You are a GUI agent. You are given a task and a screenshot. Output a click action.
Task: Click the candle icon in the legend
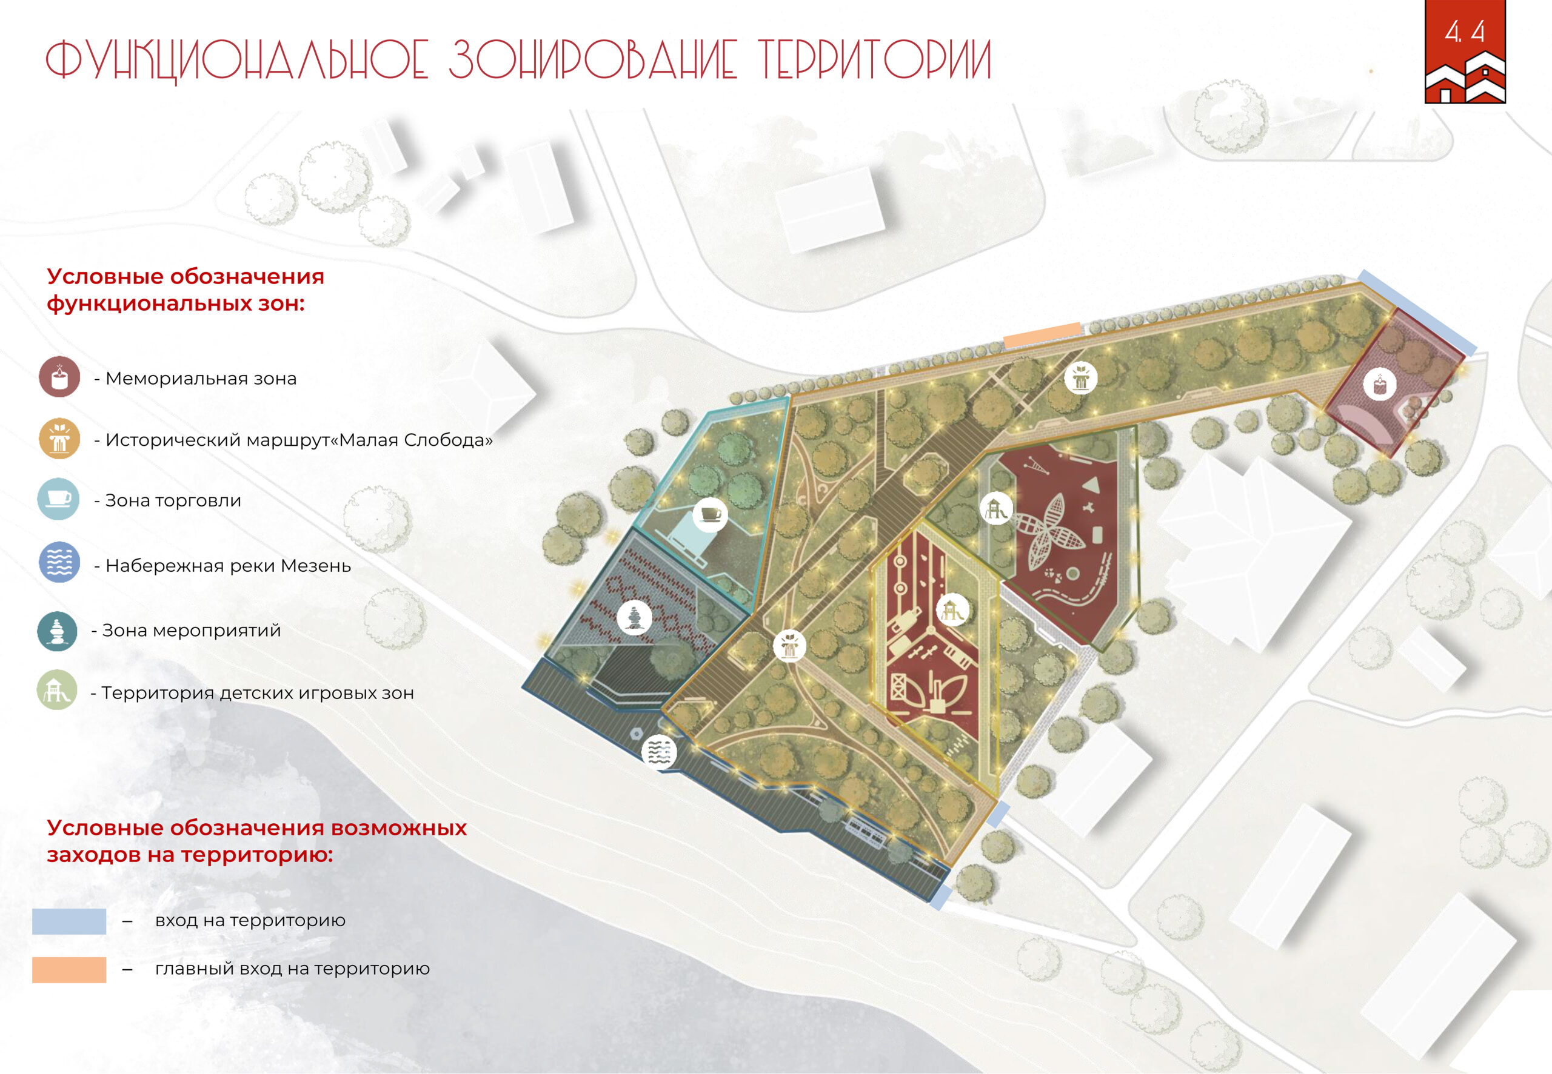59,377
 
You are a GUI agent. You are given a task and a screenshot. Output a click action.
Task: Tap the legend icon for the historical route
59,438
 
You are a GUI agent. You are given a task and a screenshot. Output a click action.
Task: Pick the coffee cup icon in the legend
58,499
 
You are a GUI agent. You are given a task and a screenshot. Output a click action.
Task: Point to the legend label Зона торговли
173,501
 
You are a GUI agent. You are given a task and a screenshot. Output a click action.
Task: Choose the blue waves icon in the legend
59,562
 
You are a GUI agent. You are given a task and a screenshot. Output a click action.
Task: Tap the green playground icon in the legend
56,690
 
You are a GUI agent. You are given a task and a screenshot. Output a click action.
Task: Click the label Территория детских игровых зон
257,693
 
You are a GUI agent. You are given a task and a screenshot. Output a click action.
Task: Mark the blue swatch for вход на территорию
69,921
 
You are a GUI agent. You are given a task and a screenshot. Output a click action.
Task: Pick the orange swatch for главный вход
69,970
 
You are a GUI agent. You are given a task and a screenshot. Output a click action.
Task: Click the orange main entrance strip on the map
1042,335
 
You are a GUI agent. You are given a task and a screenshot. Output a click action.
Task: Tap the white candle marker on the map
1380,384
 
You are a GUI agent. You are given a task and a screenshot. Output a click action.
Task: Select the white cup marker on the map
710,515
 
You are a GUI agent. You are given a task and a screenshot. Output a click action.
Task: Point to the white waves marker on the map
659,752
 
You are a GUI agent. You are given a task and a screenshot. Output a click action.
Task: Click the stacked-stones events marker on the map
634,617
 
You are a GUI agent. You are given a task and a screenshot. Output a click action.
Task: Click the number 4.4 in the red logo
1465,31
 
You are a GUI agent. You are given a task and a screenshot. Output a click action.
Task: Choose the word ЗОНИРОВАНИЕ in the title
592,59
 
